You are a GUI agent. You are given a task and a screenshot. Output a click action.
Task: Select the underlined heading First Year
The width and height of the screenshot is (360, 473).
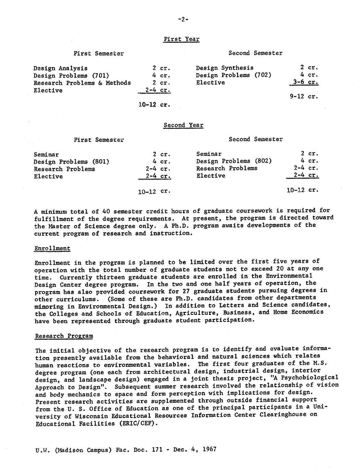point(181,39)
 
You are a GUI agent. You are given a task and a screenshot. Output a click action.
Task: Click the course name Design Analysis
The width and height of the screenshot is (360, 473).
point(60,68)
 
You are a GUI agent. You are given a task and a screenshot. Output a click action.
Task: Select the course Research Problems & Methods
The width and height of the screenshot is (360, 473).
point(82,83)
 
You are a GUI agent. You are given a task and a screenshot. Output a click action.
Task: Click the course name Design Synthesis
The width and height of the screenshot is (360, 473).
point(225,68)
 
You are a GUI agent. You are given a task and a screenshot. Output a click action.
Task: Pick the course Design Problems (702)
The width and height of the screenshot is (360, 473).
point(234,75)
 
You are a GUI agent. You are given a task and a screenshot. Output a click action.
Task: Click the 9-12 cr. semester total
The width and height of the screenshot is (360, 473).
point(304,97)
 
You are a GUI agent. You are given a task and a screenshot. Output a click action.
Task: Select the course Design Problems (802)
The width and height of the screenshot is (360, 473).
point(234,161)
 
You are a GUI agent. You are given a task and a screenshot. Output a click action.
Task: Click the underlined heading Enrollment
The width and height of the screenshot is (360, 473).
point(52,248)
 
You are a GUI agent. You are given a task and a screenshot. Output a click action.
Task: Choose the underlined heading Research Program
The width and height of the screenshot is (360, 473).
point(64,336)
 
